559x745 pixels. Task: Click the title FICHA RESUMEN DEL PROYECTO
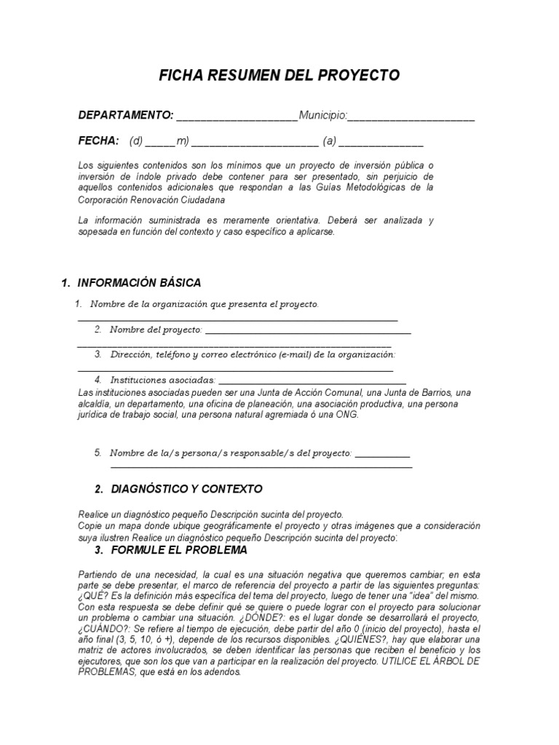coord(279,76)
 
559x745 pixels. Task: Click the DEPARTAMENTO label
coord(125,115)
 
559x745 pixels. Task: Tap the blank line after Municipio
coord(411,118)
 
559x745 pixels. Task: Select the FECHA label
coord(98,140)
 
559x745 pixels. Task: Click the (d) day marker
coord(137,141)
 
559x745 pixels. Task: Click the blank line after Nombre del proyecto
coord(309,332)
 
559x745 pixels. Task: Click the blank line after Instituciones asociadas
coord(312,382)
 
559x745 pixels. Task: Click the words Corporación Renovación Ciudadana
coord(151,199)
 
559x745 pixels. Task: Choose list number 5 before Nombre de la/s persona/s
coord(98,453)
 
